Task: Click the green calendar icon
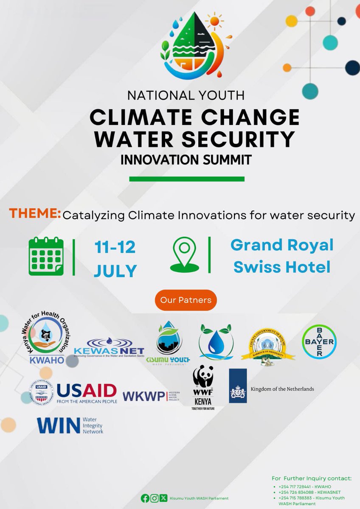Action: (46, 256)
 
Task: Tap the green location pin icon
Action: (185, 255)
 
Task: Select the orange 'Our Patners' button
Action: (186, 300)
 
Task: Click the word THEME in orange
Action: (35, 214)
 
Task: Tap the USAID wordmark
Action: (87, 390)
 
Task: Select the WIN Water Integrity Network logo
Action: (70, 425)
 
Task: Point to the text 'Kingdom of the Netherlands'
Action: (282, 389)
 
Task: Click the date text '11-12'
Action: (115, 247)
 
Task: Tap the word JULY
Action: (115, 270)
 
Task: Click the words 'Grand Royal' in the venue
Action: (282, 245)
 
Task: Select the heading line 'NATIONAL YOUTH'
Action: (186, 95)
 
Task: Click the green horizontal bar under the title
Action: (187, 179)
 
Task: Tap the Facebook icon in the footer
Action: (145, 498)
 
